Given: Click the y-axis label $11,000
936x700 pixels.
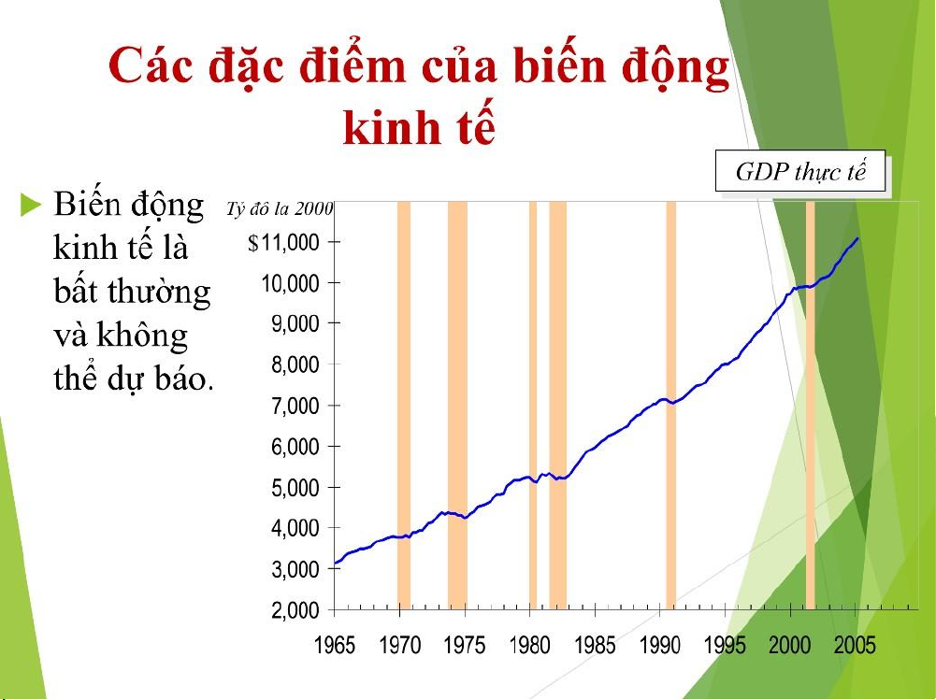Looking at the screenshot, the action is point(283,242).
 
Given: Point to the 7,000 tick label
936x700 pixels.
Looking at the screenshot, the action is point(295,406).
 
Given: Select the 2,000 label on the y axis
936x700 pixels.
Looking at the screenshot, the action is point(295,610).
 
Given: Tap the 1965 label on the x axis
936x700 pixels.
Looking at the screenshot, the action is point(335,645).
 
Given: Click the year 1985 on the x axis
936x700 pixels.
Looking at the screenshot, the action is point(595,645).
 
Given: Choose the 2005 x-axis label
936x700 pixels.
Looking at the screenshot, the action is point(855,645).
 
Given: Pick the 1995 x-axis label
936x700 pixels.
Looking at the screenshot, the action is point(725,645).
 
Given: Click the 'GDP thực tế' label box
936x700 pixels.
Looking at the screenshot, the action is point(799,171).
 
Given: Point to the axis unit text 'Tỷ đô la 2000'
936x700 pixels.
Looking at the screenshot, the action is point(280,208).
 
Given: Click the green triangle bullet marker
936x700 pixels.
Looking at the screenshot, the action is point(31,204).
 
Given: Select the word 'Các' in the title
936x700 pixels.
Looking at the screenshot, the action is point(151,65).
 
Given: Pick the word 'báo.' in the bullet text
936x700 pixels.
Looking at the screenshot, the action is point(184,378).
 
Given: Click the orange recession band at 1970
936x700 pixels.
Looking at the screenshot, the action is point(404,406).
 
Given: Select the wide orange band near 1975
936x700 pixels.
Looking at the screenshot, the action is point(458,406).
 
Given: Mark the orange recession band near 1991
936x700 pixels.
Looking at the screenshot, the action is point(671,406).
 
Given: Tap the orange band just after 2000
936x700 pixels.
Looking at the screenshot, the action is point(810,406).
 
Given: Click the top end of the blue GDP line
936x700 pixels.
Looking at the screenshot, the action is point(857,238).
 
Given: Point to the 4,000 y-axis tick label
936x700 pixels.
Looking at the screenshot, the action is point(295,528).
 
